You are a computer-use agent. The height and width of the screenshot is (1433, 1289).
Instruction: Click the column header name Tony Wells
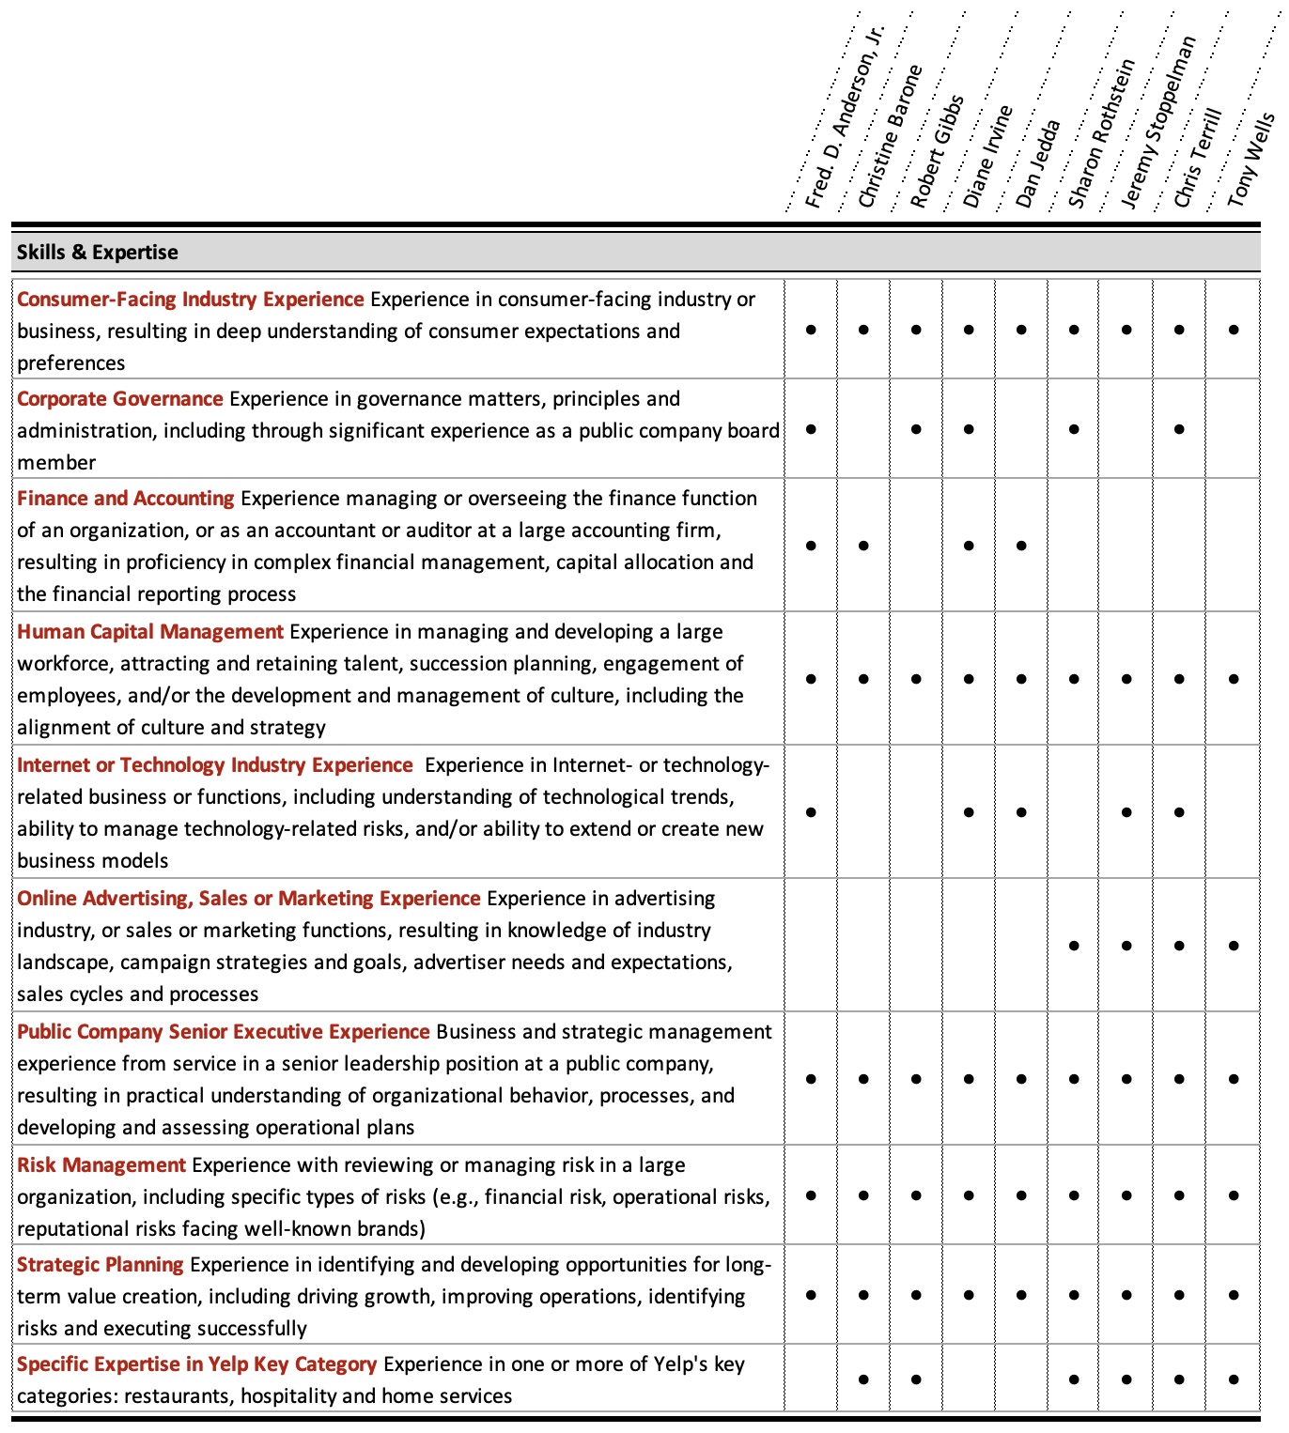click(x=1250, y=159)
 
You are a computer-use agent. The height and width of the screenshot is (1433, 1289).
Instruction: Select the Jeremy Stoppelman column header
click(x=1157, y=122)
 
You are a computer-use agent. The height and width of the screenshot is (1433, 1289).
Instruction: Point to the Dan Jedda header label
click(x=1037, y=163)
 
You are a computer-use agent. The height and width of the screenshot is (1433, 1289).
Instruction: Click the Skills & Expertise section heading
click(x=97, y=252)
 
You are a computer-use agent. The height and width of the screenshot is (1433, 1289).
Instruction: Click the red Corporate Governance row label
click(x=120, y=398)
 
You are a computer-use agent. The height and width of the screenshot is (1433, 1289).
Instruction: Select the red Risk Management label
click(x=101, y=1164)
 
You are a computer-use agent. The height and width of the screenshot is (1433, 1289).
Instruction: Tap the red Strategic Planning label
click(x=101, y=1264)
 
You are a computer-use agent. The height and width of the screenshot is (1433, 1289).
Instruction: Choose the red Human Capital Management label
click(x=150, y=631)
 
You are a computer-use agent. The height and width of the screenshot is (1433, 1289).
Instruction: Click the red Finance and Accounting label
click(x=126, y=498)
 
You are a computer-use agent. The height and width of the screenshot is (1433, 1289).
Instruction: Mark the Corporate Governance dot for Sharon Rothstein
click(x=1074, y=429)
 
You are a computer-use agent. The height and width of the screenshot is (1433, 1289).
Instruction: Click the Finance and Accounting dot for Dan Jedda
click(x=1021, y=546)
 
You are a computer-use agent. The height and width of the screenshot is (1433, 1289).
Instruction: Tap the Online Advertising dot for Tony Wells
click(x=1234, y=946)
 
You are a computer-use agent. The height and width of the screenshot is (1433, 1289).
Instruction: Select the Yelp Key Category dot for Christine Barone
click(x=863, y=1379)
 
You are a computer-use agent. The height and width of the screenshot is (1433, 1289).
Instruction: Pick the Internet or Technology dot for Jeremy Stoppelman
click(x=1126, y=812)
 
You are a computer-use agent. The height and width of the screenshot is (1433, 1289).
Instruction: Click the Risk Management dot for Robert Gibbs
click(x=916, y=1195)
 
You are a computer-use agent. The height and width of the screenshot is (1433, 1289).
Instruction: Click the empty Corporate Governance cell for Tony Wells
click(x=1234, y=429)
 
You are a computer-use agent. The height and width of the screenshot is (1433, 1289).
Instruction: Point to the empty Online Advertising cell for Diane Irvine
click(x=969, y=946)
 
